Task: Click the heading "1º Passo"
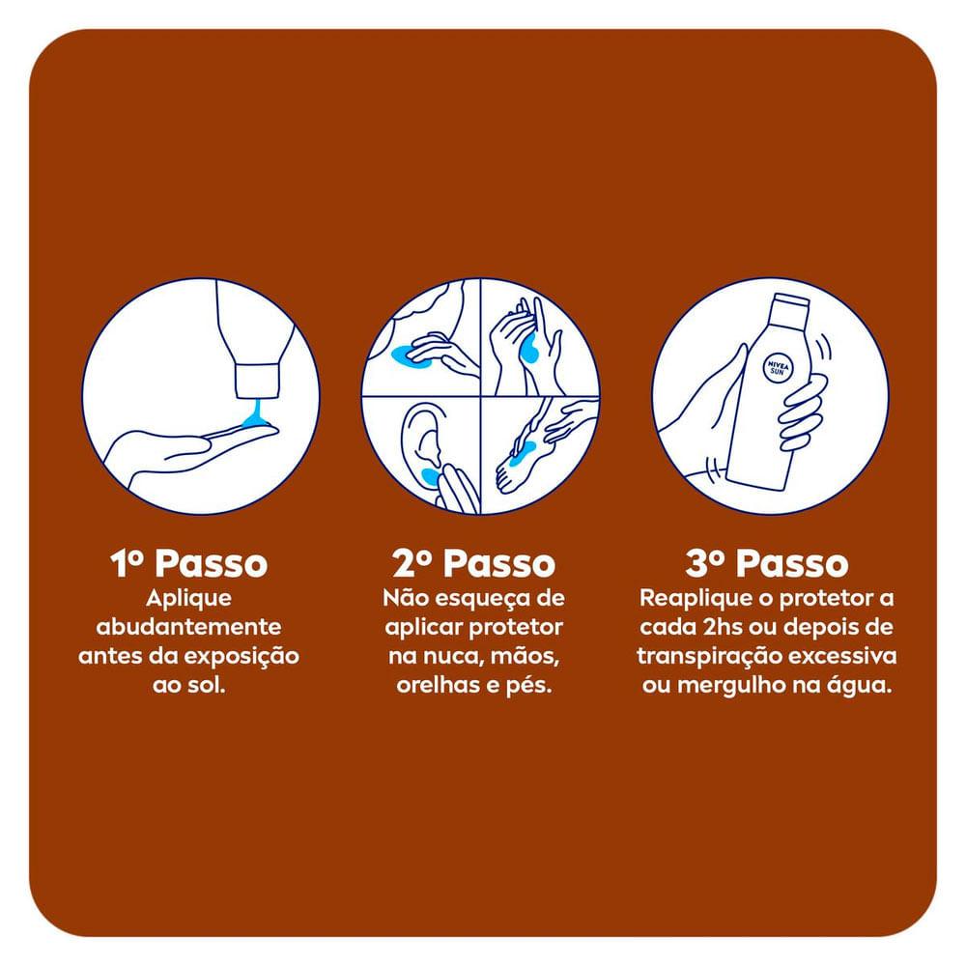click(189, 563)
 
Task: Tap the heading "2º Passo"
click(473, 563)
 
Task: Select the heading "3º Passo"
click(766, 563)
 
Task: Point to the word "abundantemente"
click(188, 627)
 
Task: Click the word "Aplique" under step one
click(188, 599)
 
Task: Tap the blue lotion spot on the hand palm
click(529, 350)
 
